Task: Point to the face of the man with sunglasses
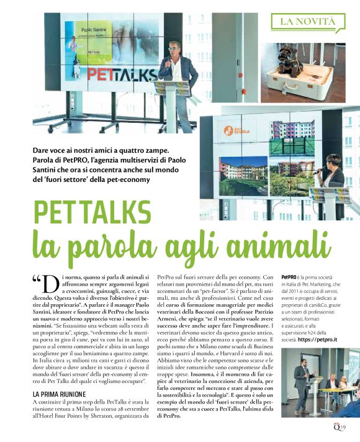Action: pos(174,49)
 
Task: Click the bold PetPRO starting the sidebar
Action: pos(290,276)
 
